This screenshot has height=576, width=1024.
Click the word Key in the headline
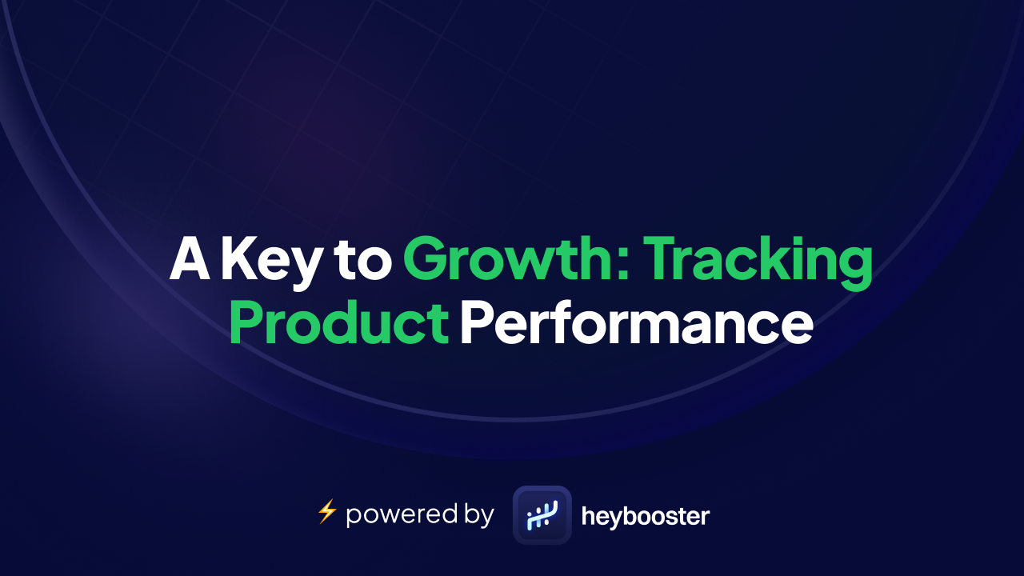coord(268,260)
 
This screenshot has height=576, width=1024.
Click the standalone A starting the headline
coord(190,258)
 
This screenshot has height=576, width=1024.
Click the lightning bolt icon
coord(326,511)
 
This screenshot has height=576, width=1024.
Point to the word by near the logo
coord(476,514)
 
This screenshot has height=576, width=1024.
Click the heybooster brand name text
coord(645,516)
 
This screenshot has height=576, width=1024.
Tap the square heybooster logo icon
coord(542,515)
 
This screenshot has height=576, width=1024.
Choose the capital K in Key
coord(238,258)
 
